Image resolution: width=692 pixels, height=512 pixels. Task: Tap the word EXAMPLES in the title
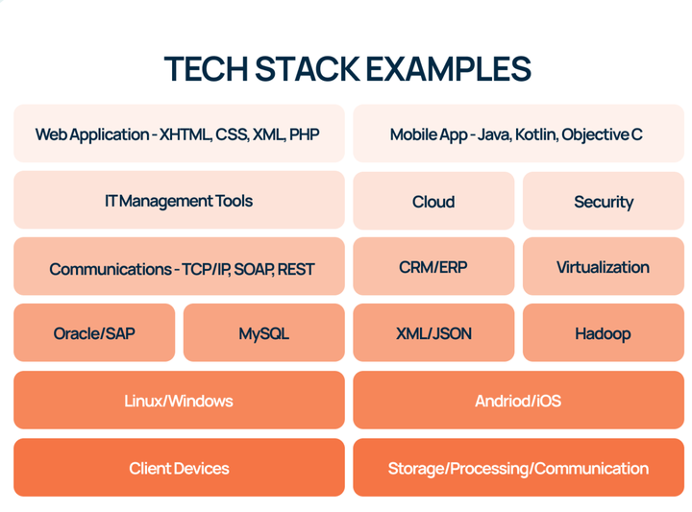pyautogui.click(x=448, y=69)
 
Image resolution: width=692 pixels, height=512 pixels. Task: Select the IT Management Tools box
pyautogui.click(x=179, y=200)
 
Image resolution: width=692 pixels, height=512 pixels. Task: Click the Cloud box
pyautogui.click(x=433, y=201)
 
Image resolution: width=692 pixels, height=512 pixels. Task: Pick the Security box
pyautogui.click(x=604, y=201)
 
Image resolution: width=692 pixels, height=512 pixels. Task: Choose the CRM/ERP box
pyautogui.click(x=433, y=266)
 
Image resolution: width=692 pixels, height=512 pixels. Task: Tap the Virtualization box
pyautogui.click(x=604, y=266)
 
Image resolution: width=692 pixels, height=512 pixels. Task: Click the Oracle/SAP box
pyautogui.click(x=94, y=332)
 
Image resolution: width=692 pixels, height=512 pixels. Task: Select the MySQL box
pyautogui.click(x=264, y=332)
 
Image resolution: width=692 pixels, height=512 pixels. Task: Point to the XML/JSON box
pyautogui.click(x=433, y=332)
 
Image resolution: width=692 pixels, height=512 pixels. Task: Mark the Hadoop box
pyautogui.click(x=604, y=332)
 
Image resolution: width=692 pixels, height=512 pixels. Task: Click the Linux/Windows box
pyautogui.click(x=179, y=400)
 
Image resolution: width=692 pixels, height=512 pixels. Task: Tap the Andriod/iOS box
pyautogui.click(x=519, y=400)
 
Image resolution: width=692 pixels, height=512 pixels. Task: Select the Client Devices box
pyautogui.click(x=179, y=468)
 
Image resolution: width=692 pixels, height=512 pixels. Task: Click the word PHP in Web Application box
pyautogui.click(x=304, y=134)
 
